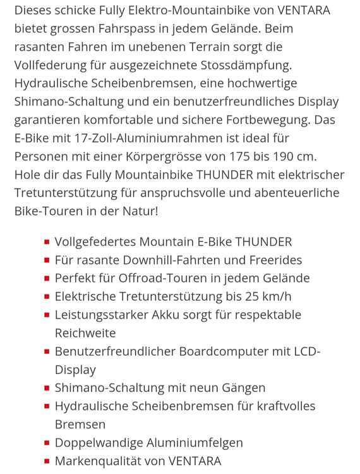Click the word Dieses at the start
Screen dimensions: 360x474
point(35,10)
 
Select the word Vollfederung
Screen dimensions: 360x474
point(53,65)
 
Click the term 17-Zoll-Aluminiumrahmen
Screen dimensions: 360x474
point(150,138)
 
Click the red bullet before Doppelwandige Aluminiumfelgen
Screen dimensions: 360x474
point(47,443)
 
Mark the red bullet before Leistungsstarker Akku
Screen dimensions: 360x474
point(47,315)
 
